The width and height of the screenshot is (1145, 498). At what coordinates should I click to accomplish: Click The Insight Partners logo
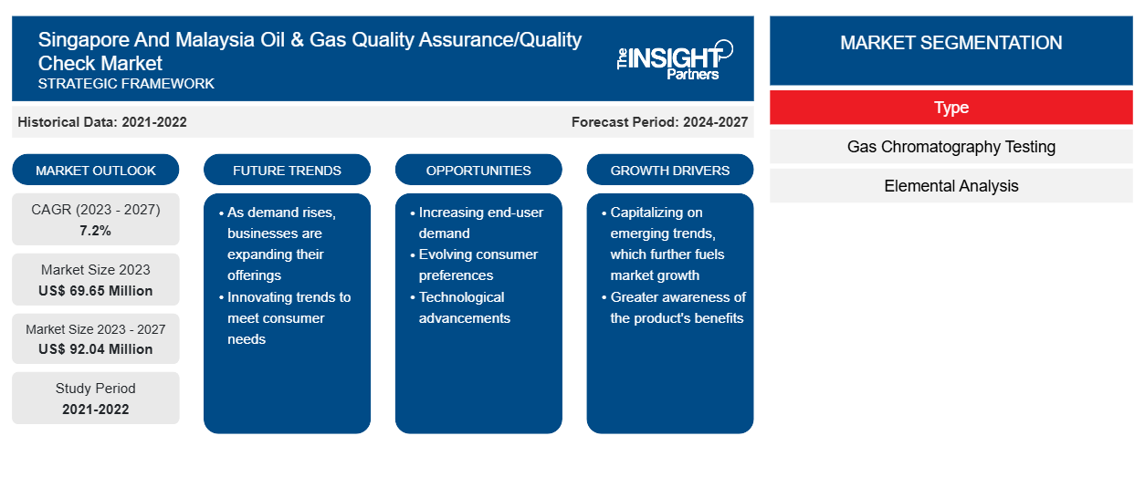point(675,60)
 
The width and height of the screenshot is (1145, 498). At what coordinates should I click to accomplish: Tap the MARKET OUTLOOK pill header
point(96,170)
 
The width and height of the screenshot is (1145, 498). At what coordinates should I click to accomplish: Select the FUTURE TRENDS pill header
point(287,170)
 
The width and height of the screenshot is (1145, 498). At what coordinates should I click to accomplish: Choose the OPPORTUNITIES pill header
point(478,170)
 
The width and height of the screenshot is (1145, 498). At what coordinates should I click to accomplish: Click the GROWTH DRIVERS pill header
point(669,170)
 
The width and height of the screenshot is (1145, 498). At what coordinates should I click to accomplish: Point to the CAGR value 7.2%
point(95,231)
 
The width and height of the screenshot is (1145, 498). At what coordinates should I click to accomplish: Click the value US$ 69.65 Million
point(96,291)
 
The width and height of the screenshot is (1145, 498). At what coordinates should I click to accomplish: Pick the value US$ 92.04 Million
point(96,349)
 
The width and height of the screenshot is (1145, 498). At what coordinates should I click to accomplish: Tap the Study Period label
point(96,389)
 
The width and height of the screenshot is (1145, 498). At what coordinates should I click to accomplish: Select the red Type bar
point(951,108)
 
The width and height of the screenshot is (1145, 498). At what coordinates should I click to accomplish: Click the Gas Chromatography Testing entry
point(951,147)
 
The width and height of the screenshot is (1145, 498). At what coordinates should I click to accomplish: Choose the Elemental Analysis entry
point(951,186)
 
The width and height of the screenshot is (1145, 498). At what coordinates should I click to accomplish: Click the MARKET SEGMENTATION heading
point(951,43)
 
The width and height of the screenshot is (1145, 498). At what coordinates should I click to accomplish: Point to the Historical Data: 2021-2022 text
point(102,122)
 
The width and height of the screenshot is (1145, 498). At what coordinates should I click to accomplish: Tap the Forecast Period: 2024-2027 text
point(659,122)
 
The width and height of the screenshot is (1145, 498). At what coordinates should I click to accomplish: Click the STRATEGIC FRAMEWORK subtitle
point(126,84)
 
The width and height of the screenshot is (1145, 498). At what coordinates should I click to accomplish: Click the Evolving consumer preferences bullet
point(475,265)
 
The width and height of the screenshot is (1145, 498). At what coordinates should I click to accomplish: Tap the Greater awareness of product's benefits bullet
point(674,307)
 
